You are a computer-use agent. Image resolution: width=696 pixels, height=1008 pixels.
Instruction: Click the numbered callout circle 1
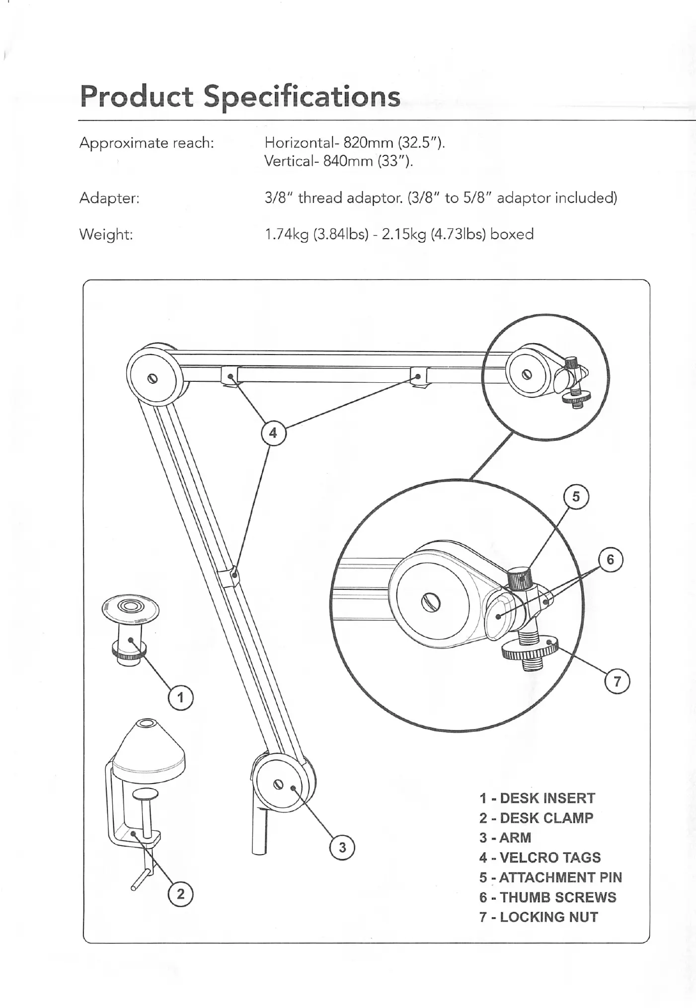[x=180, y=698]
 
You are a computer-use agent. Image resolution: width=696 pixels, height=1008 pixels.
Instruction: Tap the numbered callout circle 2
[x=180, y=894]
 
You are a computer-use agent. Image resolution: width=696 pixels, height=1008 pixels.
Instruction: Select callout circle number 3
[x=342, y=847]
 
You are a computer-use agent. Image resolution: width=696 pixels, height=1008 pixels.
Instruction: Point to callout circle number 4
[x=273, y=433]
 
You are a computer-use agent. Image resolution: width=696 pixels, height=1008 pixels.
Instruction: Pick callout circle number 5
[x=576, y=497]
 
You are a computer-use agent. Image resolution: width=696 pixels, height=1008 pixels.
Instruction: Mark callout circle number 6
[x=611, y=560]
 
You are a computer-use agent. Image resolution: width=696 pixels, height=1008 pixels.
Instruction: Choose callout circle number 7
[x=617, y=681]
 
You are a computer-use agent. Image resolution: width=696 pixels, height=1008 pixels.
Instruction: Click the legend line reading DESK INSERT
[x=537, y=798]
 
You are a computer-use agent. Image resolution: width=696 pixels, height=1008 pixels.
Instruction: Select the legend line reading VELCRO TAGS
[x=540, y=858]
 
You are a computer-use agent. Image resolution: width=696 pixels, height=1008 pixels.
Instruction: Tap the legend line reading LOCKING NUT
[x=539, y=917]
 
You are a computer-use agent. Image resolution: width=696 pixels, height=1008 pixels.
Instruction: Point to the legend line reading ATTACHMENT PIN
[x=550, y=877]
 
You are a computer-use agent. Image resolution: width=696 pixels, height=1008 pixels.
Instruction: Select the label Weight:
[x=106, y=234]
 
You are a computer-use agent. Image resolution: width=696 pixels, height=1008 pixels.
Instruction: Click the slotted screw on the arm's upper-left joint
[x=154, y=378]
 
